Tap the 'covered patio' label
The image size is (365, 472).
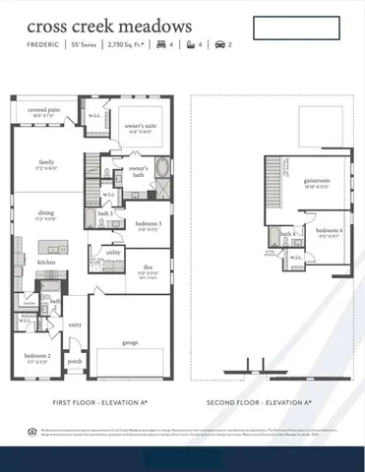point(42,111)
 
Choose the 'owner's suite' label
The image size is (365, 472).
point(144,126)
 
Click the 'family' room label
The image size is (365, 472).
point(47,162)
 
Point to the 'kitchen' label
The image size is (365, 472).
point(46,263)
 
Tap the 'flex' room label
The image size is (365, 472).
point(148,266)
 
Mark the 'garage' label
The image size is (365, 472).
point(130,342)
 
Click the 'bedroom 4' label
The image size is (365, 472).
point(330,231)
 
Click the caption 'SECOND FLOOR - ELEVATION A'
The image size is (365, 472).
point(259,403)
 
